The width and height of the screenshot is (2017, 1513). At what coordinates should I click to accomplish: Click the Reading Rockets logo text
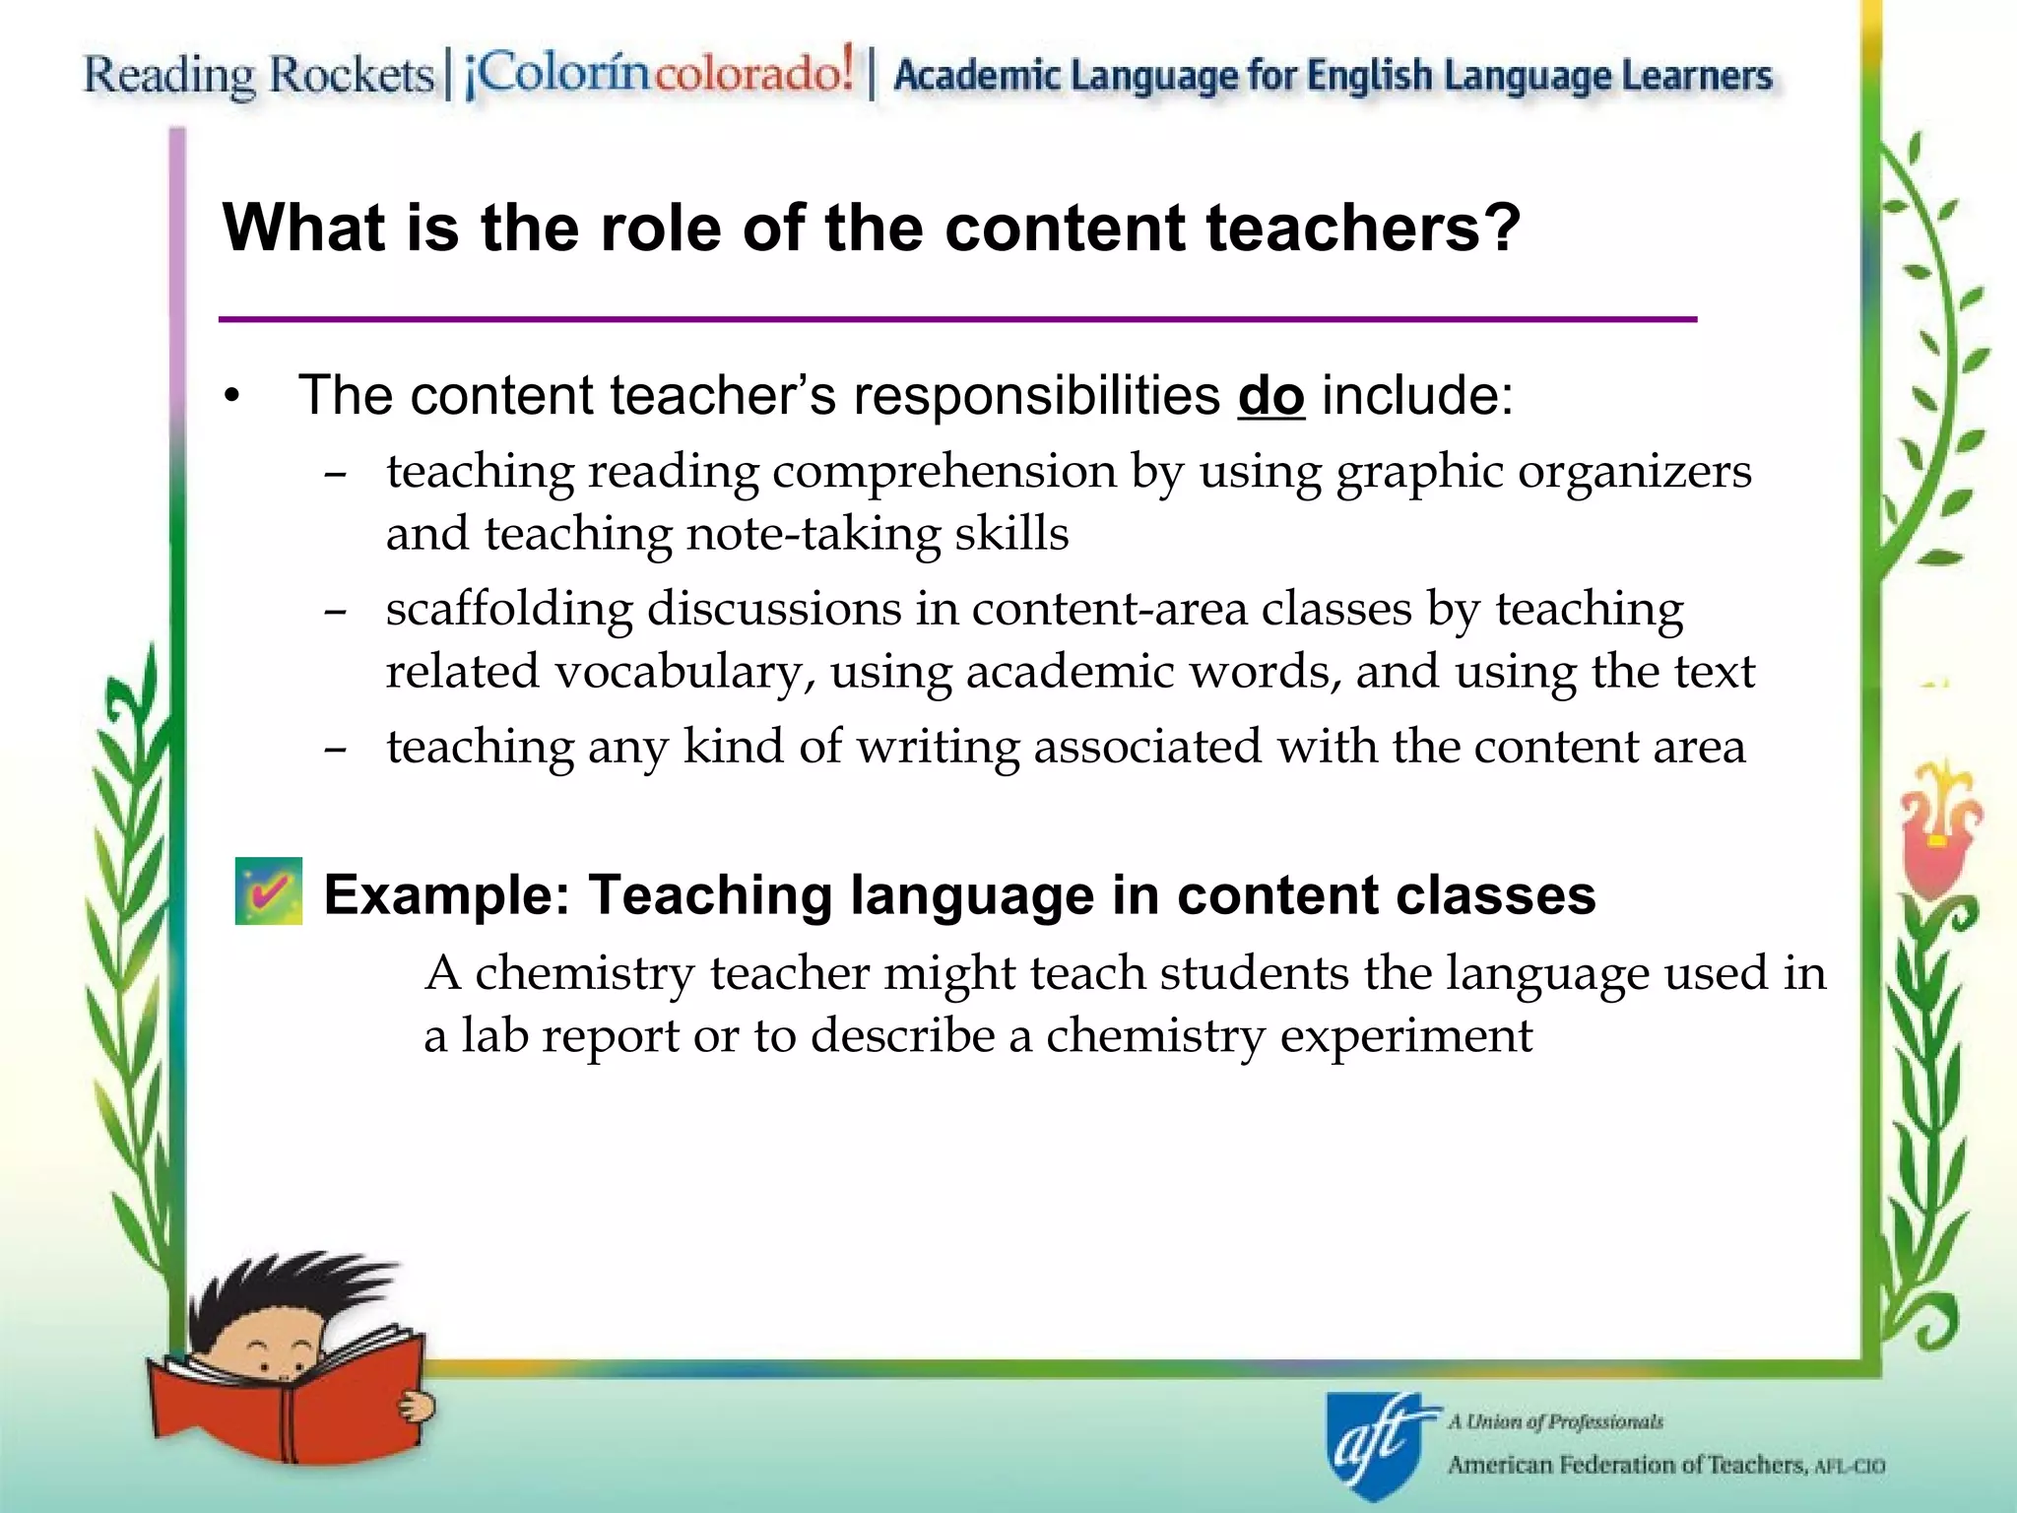pyautogui.click(x=258, y=75)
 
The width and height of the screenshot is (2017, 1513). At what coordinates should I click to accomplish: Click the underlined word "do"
pyautogui.click(x=1270, y=396)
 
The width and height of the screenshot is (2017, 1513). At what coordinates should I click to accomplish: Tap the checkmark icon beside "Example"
pyautogui.click(x=268, y=891)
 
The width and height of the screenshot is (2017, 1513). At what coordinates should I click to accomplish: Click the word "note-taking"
pyautogui.click(x=813, y=535)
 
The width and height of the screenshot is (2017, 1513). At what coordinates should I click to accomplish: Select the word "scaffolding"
pyautogui.click(x=508, y=610)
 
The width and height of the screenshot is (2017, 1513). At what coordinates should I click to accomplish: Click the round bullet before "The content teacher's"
pyautogui.click(x=231, y=397)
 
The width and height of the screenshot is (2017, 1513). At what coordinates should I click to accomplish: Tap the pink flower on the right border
pyautogui.click(x=1936, y=837)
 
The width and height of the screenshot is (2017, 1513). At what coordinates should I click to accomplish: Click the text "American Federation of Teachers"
pyautogui.click(x=1626, y=1465)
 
